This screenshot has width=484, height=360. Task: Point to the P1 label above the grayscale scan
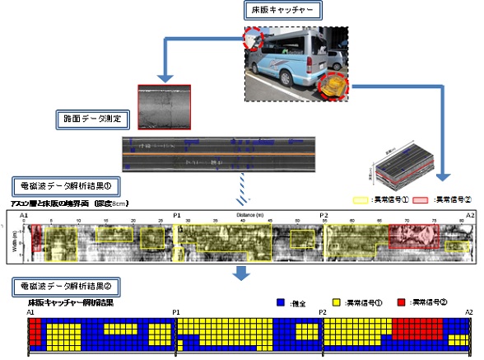point(177,214)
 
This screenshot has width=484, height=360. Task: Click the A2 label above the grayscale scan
point(469,214)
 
